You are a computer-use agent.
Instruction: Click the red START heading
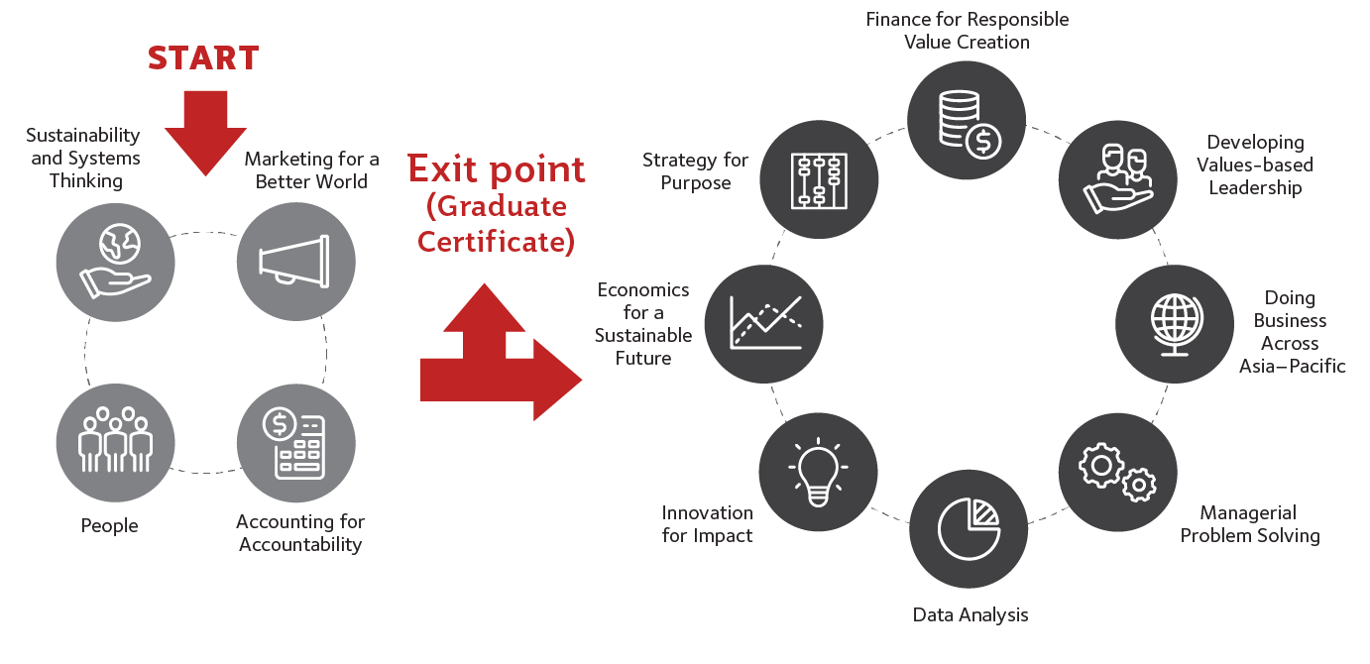pos(203,58)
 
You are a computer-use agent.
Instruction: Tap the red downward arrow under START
pos(205,129)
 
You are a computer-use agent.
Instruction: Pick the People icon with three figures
pos(116,441)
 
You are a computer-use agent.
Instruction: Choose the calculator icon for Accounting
pos(295,441)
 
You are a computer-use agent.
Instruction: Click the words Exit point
pos(497,168)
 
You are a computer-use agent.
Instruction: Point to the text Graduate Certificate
pos(496,224)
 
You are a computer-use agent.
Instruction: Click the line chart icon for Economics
pos(763,323)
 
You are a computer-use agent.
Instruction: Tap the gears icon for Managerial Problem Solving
pos(1117,468)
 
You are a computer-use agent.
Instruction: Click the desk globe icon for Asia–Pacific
pos(1175,323)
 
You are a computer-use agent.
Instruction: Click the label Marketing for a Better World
pos(311,170)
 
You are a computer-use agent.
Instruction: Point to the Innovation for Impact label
pos(707,524)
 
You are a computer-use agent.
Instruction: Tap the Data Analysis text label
pos(970,615)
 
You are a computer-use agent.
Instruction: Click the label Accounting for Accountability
pos(300,533)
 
